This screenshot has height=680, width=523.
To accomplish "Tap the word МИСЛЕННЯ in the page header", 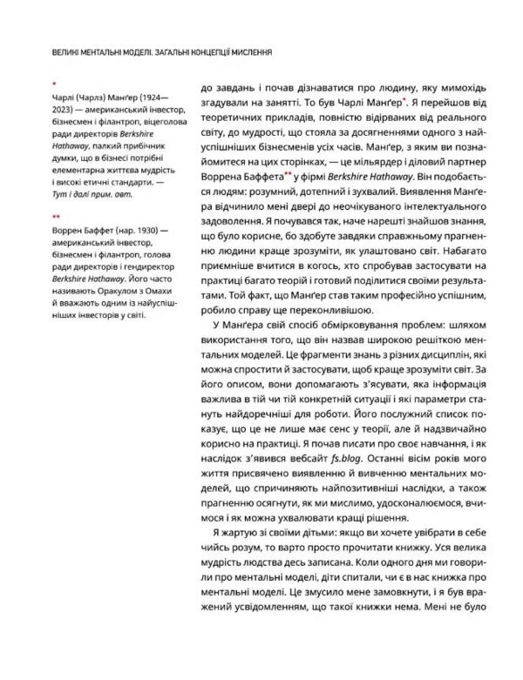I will pos(248,51).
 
